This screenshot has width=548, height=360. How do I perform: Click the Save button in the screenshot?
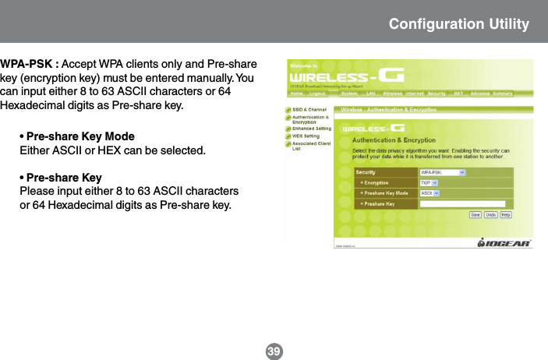click(474, 214)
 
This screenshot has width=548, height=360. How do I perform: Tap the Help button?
click(506, 214)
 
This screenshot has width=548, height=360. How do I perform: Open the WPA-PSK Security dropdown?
click(442, 172)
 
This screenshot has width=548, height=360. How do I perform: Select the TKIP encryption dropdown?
click(429, 182)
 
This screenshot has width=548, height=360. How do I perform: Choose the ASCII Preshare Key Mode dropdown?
click(429, 192)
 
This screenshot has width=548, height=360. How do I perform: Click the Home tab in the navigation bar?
click(296, 94)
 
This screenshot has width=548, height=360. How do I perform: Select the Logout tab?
click(317, 94)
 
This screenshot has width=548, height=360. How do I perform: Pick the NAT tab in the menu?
click(458, 94)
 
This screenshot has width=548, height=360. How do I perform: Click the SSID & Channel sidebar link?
click(309, 110)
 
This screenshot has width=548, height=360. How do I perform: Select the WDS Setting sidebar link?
click(306, 136)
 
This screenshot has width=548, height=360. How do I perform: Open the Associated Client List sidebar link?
click(311, 145)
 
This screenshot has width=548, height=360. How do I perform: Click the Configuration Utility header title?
click(459, 24)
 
